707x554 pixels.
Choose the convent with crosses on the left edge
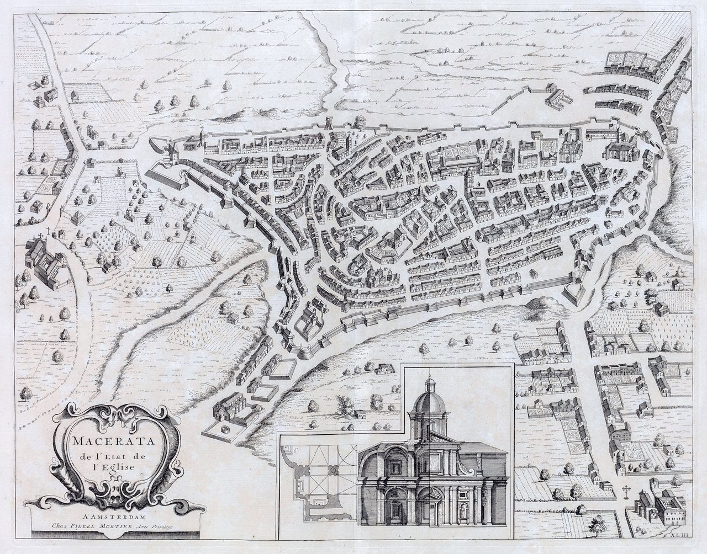46,259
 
